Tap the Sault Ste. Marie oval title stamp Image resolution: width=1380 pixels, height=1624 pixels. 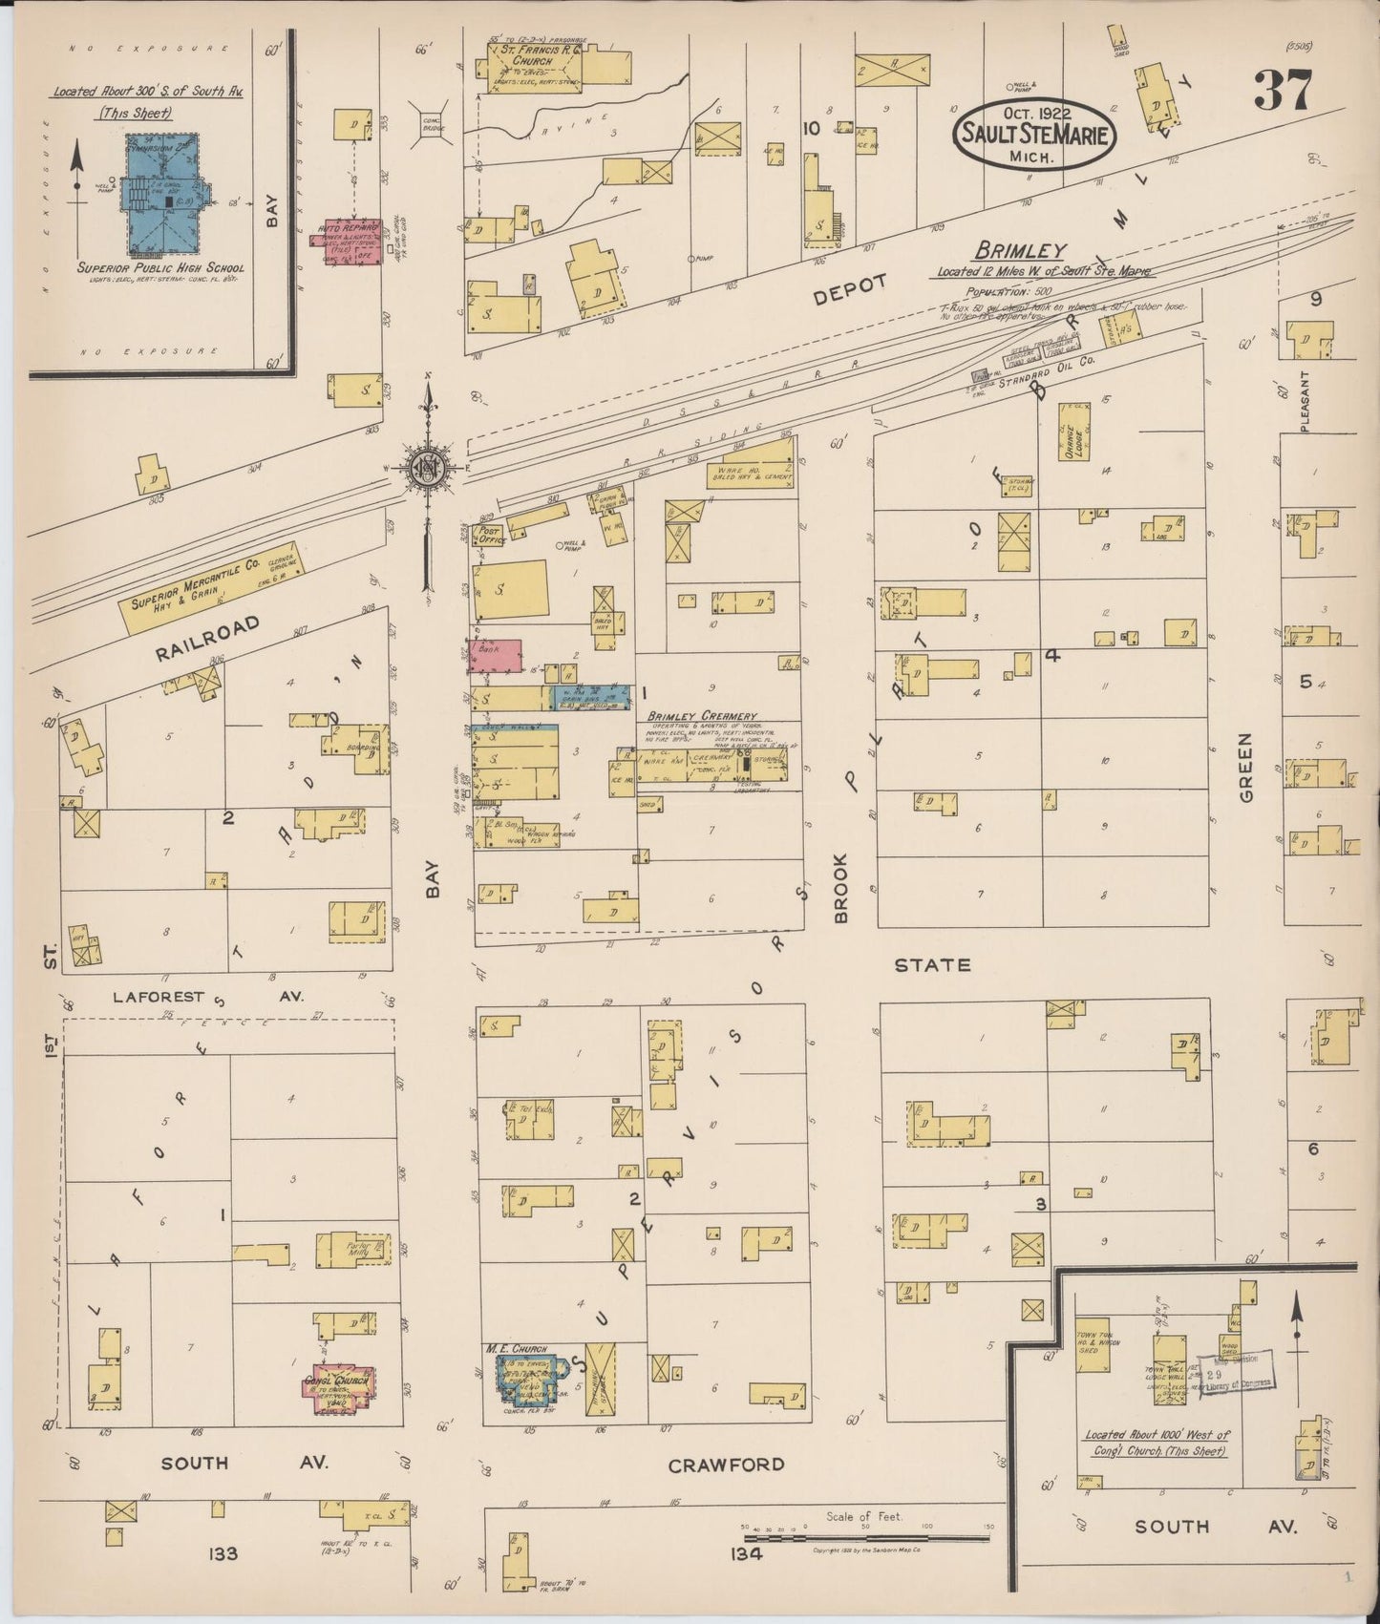pos(1033,134)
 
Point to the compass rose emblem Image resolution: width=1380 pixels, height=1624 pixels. pos(428,468)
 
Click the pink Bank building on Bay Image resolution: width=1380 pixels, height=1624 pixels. pos(497,655)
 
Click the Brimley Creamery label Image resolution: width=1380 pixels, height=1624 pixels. pos(702,716)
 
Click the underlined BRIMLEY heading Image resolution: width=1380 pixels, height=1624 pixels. pos(1019,250)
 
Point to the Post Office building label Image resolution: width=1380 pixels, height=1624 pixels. pos(490,536)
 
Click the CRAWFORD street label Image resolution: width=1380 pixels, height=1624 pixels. pos(726,1465)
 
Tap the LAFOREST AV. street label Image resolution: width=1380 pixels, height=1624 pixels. pos(207,996)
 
